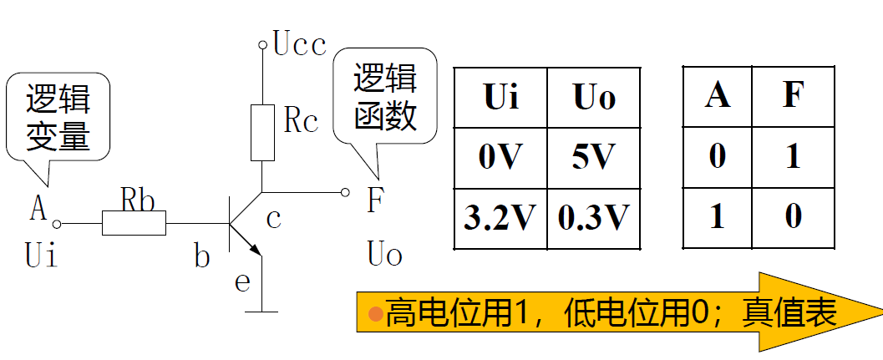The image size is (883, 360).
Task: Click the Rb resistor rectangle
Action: (134, 224)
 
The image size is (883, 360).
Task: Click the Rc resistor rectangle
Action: (261, 133)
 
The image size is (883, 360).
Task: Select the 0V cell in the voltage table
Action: (500, 158)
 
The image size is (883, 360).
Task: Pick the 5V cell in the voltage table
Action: (594, 158)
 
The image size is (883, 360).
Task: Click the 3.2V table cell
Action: (500, 218)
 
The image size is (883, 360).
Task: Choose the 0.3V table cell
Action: (594, 218)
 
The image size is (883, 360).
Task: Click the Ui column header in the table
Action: (500, 98)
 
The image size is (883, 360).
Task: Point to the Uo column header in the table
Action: (594, 98)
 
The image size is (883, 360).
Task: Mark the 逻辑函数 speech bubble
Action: (385, 98)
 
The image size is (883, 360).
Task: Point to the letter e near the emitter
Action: (242, 282)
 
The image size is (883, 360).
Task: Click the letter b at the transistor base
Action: (201, 257)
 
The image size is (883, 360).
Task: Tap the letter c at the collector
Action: (273, 219)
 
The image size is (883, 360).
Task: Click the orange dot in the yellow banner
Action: (376, 314)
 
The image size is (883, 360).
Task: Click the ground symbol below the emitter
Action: (262, 312)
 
